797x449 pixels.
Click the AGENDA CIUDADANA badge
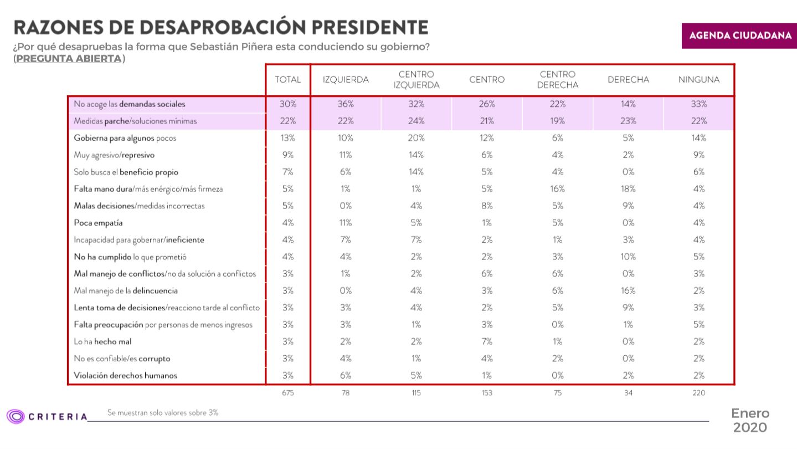click(x=739, y=35)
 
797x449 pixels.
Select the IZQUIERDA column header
click(x=346, y=80)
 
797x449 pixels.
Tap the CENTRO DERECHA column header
click(x=558, y=80)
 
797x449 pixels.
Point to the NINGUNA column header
click(x=699, y=80)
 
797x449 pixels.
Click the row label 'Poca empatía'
click(x=98, y=223)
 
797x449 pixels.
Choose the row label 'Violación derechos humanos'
click(x=125, y=375)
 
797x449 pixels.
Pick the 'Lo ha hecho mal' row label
click(x=102, y=341)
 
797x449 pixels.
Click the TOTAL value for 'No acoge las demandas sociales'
click(x=287, y=104)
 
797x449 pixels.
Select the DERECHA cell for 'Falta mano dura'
click(x=628, y=189)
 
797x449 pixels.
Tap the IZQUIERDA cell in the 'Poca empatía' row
click(x=346, y=223)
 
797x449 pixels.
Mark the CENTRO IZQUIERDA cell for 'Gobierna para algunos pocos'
click(x=417, y=138)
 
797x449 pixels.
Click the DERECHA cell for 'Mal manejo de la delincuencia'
click(x=628, y=290)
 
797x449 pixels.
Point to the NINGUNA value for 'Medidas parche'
click(x=699, y=121)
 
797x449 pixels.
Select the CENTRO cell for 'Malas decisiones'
click(x=487, y=206)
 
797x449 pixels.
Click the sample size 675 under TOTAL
click(x=287, y=393)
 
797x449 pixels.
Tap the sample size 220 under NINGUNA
click(x=699, y=393)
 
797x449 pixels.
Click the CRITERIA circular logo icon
click(x=15, y=416)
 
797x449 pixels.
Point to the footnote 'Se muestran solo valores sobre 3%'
click(x=163, y=412)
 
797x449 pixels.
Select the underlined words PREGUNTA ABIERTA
click(x=68, y=58)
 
